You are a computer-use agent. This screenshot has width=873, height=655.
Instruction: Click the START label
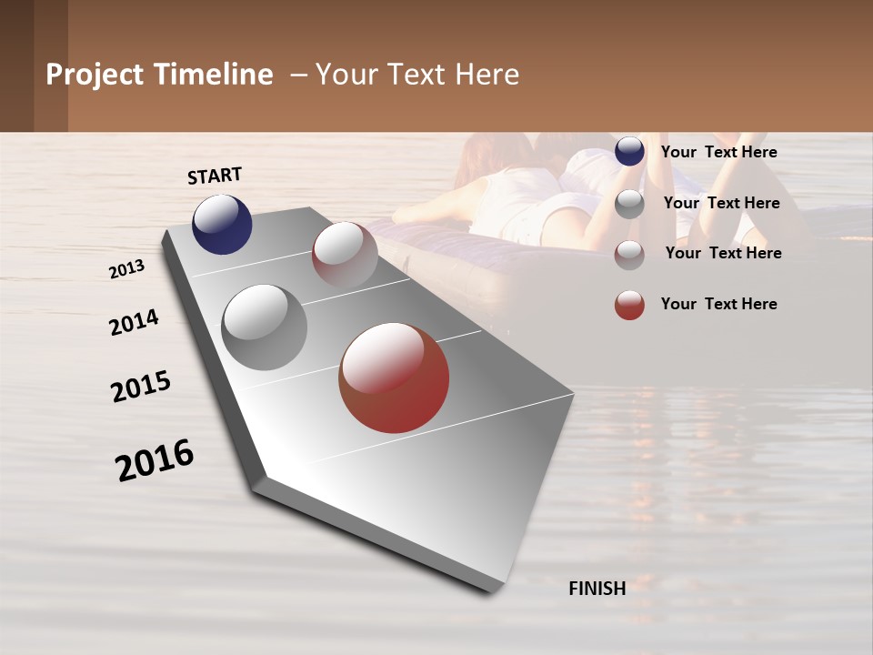[x=215, y=176]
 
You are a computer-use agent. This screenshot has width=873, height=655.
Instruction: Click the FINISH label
[x=597, y=589]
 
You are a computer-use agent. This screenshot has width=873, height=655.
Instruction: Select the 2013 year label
[x=127, y=268]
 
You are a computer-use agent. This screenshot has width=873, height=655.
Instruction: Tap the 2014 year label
[x=135, y=322]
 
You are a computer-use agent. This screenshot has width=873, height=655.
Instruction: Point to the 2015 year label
[x=141, y=387]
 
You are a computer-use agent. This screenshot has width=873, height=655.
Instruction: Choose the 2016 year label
[x=155, y=459]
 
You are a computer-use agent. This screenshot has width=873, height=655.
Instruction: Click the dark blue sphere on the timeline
[x=222, y=224]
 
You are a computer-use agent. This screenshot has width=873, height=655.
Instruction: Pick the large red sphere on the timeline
[x=394, y=378]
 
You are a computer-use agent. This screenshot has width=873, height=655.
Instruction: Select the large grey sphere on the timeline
[x=265, y=327]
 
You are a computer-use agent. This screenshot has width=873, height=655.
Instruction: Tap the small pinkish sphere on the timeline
[x=345, y=255]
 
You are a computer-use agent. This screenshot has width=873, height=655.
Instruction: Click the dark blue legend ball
[x=629, y=152]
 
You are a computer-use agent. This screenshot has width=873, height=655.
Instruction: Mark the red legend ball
[x=629, y=305]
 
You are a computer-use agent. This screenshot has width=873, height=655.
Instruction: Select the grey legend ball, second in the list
[x=629, y=204]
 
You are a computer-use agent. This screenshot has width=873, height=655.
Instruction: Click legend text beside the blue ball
[x=718, y=153]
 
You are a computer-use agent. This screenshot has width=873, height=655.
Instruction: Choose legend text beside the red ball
[x=718, y=304]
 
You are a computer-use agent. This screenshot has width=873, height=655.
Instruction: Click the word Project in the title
[x=95, y=75]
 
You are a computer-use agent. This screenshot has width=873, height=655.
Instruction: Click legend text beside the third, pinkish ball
[x=723, y=253]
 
